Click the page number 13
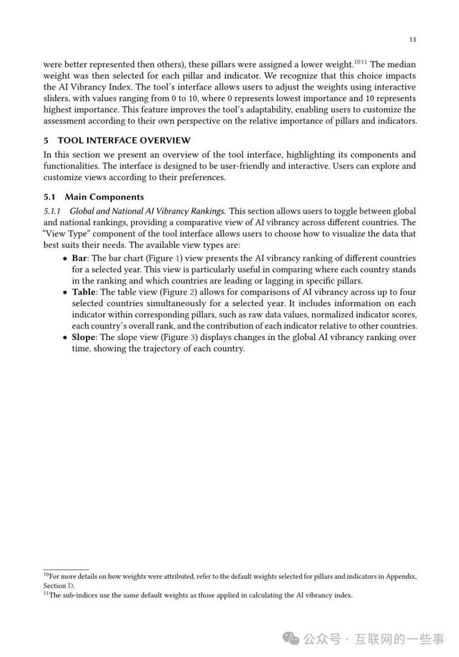(x=412, y=40)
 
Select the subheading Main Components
(x=104, y=197)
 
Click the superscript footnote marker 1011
(x=361, y=62)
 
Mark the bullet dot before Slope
(x=65, y=338)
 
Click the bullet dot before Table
(x=65, y=293)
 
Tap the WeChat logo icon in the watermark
(x=291, y=638)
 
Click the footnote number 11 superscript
(x=46, y=593)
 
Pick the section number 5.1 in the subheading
(x=50, y=197)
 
